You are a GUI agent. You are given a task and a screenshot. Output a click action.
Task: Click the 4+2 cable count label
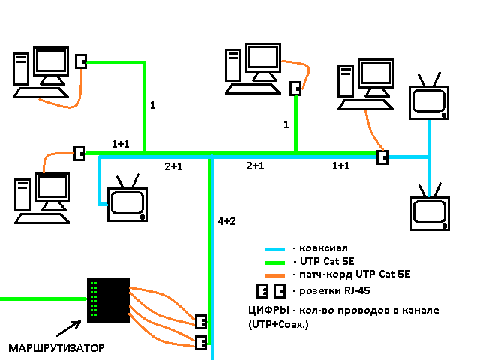(x=226, y=221)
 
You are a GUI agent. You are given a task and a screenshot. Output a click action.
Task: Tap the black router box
(x=109, y=300)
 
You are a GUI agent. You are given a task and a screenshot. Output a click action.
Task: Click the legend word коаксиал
(x=323, y=248)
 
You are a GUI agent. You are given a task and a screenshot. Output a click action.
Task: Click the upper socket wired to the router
(x=201, y=322)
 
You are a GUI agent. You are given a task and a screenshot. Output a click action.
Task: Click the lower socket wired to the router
(x=201, y=343)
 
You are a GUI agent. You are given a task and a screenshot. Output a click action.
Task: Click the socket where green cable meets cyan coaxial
(x=382, y=157)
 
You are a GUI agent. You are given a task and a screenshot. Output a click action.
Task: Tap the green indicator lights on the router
(x=93, y=299)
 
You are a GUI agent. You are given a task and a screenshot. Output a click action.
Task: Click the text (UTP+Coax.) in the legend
(x=278, y=324)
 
